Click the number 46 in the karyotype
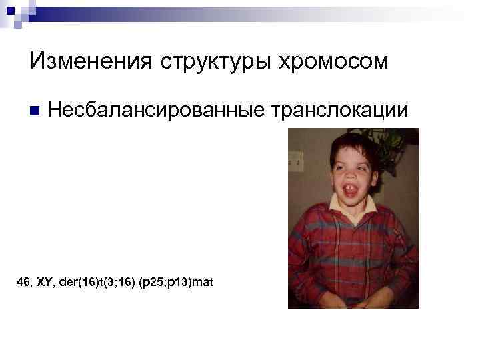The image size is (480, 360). click(x=24, y=283)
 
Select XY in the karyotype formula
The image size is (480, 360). click(x=45, y=283)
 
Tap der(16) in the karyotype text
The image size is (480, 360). click(x=75, y=283)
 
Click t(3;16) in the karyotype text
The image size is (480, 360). click(x=114, y=283)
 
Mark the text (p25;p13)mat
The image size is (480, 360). click(x=175, y=283)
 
